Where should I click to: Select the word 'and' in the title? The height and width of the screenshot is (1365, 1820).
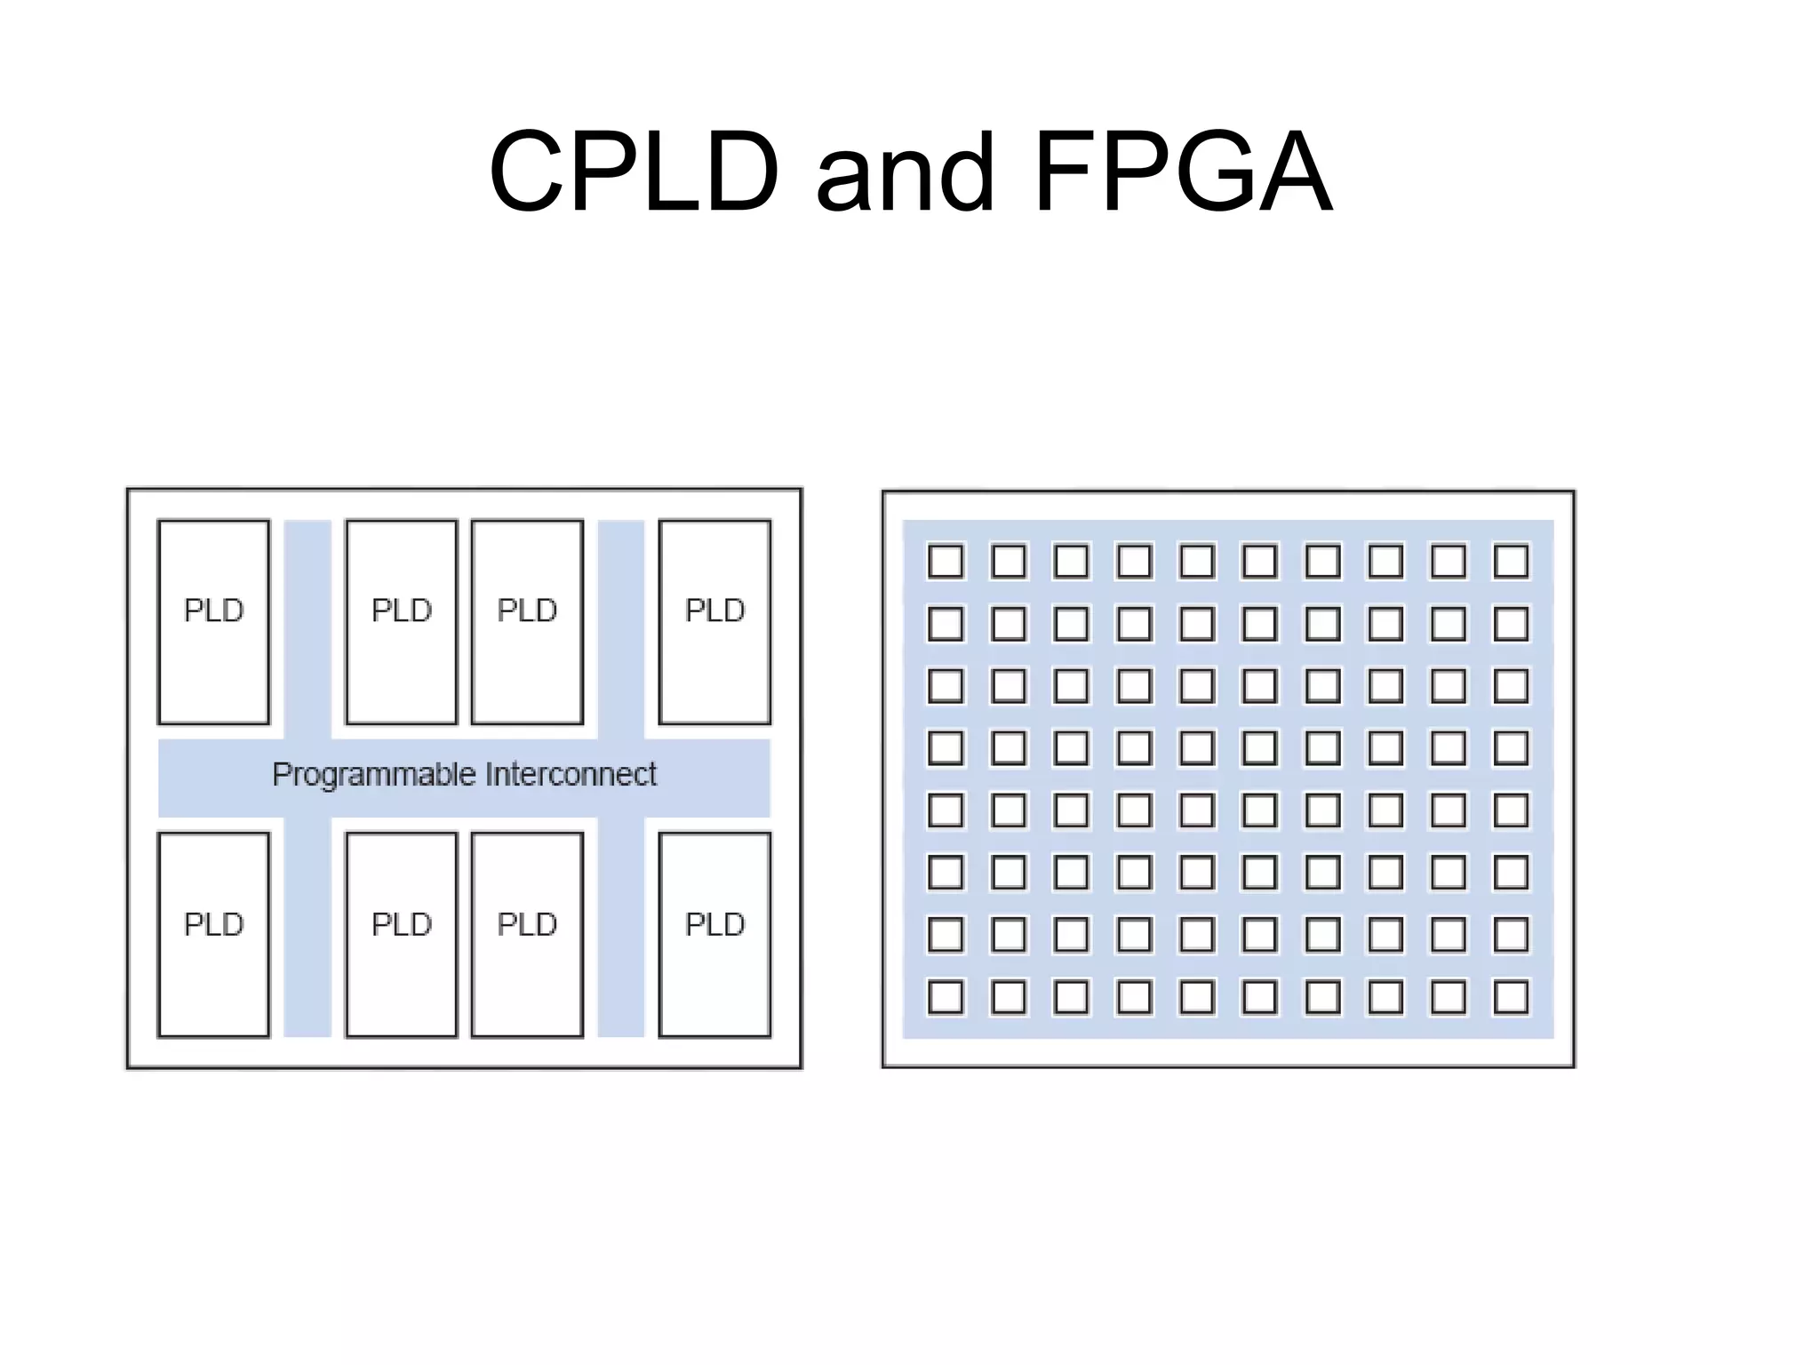(905, 173)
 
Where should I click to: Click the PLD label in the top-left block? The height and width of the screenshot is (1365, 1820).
(213, 611)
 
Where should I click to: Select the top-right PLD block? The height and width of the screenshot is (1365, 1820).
(714, 622)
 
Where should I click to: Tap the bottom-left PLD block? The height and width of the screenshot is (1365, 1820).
(213, 935)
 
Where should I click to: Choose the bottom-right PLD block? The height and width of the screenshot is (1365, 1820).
(714, 935)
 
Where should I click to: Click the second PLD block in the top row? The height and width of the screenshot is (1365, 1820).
(401, 622)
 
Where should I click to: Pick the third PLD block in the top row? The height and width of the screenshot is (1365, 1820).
(527, 622)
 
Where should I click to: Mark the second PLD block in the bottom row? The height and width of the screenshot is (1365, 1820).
(401, 935)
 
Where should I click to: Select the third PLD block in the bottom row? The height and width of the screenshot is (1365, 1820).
(527, 935)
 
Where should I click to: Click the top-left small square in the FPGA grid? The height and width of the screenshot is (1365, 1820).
(946, 562)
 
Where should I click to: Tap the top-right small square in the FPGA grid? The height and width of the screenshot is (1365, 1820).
(1511, 562)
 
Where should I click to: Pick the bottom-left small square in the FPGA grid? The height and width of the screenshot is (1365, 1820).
(946, 997)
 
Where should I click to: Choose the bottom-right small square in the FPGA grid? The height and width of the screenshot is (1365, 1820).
(1511, 997)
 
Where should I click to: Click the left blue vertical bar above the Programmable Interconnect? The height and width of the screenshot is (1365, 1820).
(307, 629)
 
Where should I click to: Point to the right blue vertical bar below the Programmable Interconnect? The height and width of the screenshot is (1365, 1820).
(620, 926)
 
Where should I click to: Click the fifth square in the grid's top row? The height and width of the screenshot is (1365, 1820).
(1197, 562)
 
